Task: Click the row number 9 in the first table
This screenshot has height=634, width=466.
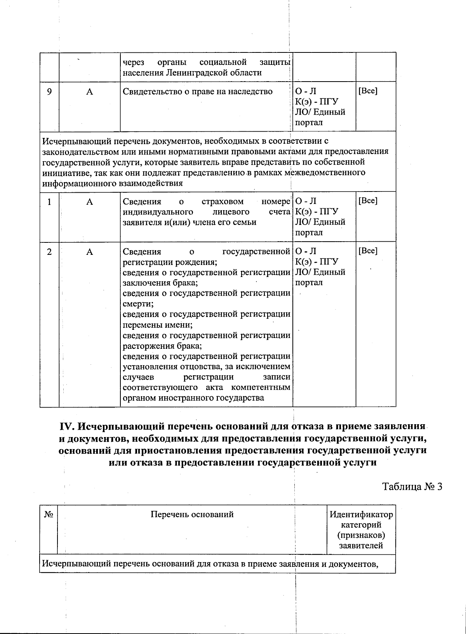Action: pyautogui.click(x=49, y=92)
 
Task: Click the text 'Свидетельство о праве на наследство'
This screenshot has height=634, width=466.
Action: pyautogui.click(x=198, y=92)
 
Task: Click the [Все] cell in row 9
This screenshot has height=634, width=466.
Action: pyautogui.click(x=367, y=91)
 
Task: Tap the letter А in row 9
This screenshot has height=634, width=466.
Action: pyautogui.click(x=90, y=92)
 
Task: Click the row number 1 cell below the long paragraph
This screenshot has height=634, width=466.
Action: pyautogui.click(x=49, y=202)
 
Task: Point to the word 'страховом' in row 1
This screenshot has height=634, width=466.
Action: pyautogui.click(x=223, y=202)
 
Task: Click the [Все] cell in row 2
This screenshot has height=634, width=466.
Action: pyautogui.click(x=367, y=251)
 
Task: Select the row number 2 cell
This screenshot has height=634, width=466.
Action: pyautogui.click(x=49, y=252)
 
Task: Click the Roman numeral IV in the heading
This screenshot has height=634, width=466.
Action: pyautogui.click(x=66, y=427)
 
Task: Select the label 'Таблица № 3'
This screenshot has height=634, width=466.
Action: pyautogui.click(x=412, y=487)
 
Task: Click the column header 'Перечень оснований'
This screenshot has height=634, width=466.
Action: pyautogui.click(x=192, y=514)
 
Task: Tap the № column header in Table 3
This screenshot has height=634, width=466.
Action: pyautogui.click(x=49, y=514)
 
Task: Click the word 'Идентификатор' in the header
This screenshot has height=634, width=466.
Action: pyautogui.click(x=361, y=515)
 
